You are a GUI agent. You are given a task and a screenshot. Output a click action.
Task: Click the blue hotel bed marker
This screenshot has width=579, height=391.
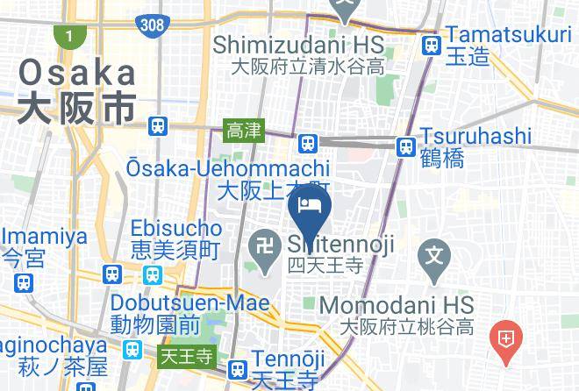pos(308,207)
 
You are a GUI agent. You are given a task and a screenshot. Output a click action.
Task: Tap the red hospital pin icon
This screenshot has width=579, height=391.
pos(506,338)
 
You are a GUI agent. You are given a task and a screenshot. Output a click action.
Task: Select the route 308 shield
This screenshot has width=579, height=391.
pos(152,24)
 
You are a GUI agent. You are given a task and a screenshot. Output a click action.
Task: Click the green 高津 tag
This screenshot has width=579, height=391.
pos(243,131)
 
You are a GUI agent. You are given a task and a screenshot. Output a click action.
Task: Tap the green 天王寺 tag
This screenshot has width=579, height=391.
pos(186,356)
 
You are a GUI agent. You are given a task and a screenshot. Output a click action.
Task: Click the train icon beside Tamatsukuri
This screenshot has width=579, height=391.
pos(431,46)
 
